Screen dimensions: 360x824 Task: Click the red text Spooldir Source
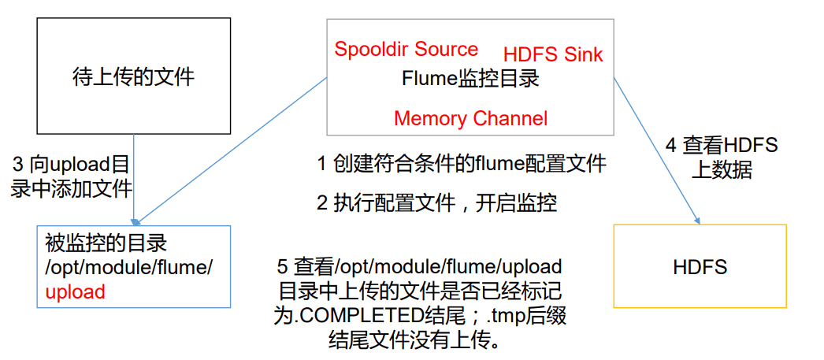(x=406, y=49)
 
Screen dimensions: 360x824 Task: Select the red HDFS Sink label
(x=553, y=54)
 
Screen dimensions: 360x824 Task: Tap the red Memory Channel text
(x=470, y=119)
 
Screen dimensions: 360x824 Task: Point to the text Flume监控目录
(x=470, y=79)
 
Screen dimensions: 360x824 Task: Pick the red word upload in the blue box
(x=75, y=291)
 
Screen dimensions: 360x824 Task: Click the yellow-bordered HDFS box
(x=700, y=266)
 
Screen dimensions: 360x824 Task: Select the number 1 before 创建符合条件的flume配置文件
(x=321, y=164)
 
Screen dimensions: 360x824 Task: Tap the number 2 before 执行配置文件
(x=321, y=203)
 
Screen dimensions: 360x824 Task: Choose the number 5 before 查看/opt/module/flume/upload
(x=282, y=266)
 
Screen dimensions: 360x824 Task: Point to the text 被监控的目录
(x=106, y=243)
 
